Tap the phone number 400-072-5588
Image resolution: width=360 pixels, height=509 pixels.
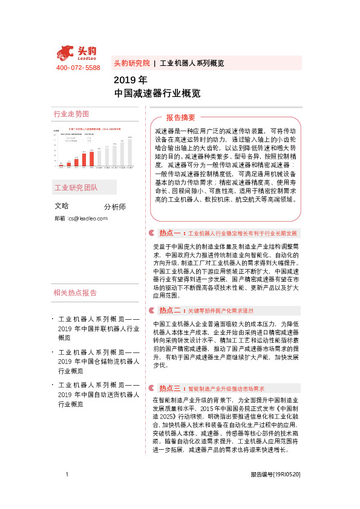click(x=78, y=68)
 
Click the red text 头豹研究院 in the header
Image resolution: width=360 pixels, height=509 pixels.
click(x=132, y=63)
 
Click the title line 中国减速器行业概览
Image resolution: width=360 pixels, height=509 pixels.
click(x=157, y=94)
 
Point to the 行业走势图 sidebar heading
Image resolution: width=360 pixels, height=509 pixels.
click(x=71, y=114)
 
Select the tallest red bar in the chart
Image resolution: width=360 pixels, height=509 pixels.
click(x=91, y=157)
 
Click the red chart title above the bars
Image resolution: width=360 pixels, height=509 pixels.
click(x=94, y=129)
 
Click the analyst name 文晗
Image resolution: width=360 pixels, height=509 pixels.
click(x=62, y=206)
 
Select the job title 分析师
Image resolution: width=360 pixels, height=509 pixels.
click(x=115, y=207)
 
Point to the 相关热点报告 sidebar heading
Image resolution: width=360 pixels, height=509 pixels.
click(x=76, y=293)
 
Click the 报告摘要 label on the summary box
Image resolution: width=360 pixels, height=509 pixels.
click(x=181, y=117)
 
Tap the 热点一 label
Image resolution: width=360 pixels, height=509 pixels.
click(x=170, y=233)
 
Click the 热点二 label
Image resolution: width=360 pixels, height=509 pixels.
click(x=170, y=310)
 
